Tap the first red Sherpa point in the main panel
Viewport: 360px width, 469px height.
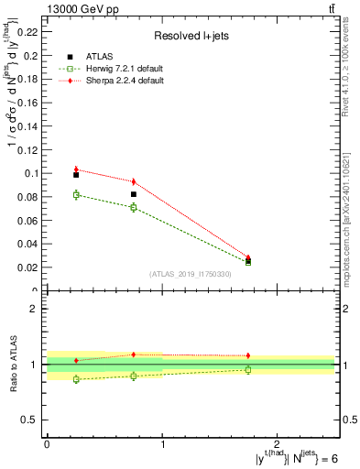76,169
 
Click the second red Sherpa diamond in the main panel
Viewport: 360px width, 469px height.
134,181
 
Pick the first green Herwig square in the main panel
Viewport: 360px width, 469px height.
76,194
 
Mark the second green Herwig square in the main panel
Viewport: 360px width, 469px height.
134,208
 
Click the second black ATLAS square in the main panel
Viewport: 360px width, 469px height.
134,194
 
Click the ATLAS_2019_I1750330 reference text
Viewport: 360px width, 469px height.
191,274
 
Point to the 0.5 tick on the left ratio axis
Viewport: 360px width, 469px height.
32,420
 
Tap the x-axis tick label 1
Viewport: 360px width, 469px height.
162,442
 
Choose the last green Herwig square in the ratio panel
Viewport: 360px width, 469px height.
248,369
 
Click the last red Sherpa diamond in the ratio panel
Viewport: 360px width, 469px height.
248,355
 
